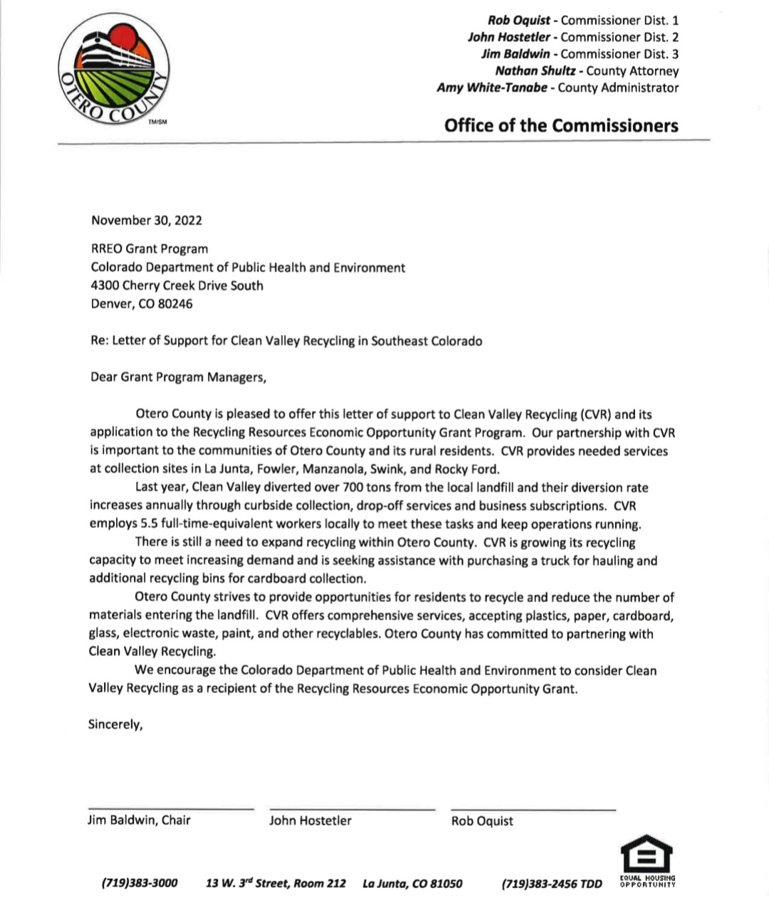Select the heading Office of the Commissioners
(x=561, y=126)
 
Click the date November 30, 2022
(x=147, y=220)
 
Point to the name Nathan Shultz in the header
(x=535, y=71)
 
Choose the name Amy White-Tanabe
(x=492, y=88)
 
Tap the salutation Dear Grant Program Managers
(x=178, y=377)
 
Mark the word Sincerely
(x=115, y=724)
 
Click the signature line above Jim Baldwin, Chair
(x=170, y=809)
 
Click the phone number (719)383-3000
(x=140, y=884)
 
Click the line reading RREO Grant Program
(x=150, y=249)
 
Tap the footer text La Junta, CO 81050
(x=412, y=884)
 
